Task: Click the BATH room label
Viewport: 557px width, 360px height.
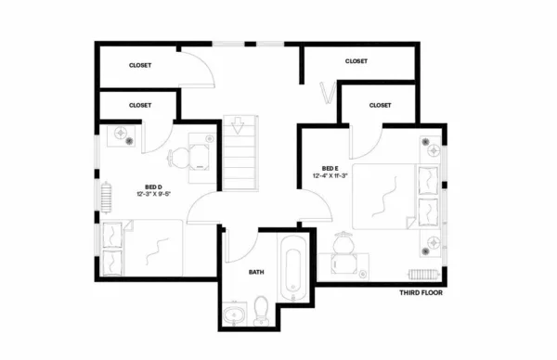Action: coord(256,273)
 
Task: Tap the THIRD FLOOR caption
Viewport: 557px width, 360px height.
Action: coord(421,293)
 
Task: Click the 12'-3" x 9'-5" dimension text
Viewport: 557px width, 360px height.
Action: coord(154,195)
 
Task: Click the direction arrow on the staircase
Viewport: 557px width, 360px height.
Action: coord(239,124)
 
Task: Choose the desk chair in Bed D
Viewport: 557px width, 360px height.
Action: coord(180,157)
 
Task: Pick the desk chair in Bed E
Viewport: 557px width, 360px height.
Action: coord(343,244)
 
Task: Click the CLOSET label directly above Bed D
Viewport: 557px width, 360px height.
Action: coord(141,106)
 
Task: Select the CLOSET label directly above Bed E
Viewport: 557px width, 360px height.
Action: coord(381,106)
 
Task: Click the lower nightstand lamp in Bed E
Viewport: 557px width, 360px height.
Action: coord(431,243)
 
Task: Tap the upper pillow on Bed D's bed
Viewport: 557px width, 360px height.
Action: coord(113,232)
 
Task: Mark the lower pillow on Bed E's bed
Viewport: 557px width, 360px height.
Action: coord(427,210)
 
